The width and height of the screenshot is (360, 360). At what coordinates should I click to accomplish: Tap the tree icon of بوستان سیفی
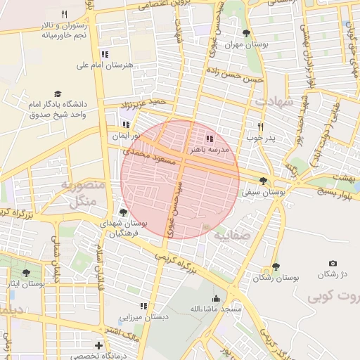pyautogui.click(x=263, y=181)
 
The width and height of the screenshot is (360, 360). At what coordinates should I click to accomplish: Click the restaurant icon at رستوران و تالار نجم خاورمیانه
pyautogui.click(x=64, y=14)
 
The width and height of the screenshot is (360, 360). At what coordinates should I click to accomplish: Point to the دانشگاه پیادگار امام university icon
pyautogui.click(x=57, y=94)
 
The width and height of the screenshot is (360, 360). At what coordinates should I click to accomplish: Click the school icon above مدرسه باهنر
pyautogui.click(x=210, y=139)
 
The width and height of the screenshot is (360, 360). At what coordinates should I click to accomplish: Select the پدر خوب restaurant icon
pyautogui.click(x=260, y=127)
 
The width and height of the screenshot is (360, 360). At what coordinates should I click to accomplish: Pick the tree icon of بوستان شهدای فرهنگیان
pyautogui.click(x=124, y=212)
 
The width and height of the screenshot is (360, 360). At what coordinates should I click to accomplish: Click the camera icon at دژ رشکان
pyautogui.click(x=333, y=264)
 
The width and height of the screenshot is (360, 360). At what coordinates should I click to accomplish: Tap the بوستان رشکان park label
pyautogui.click(x=276, y=278)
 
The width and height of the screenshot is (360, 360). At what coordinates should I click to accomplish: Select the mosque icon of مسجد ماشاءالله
pyautogui.click(x=216, y=298)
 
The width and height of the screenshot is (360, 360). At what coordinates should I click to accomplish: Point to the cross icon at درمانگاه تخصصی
pyautogui.click(x=99, y=345)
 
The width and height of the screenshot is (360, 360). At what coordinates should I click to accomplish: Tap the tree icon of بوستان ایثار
pyautogui.click(x=27, y=273)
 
